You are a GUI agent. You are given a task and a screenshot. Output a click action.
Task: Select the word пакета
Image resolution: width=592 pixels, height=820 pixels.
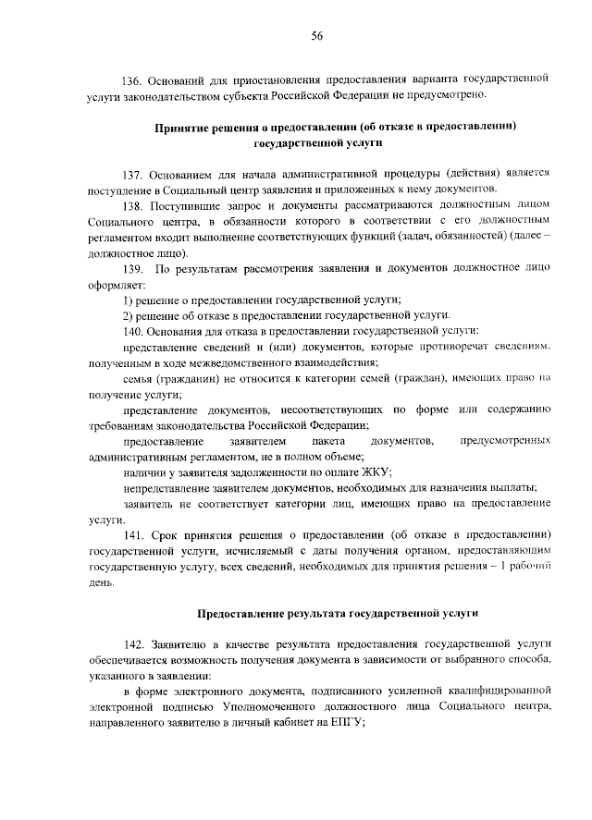[x=331, y=442]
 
